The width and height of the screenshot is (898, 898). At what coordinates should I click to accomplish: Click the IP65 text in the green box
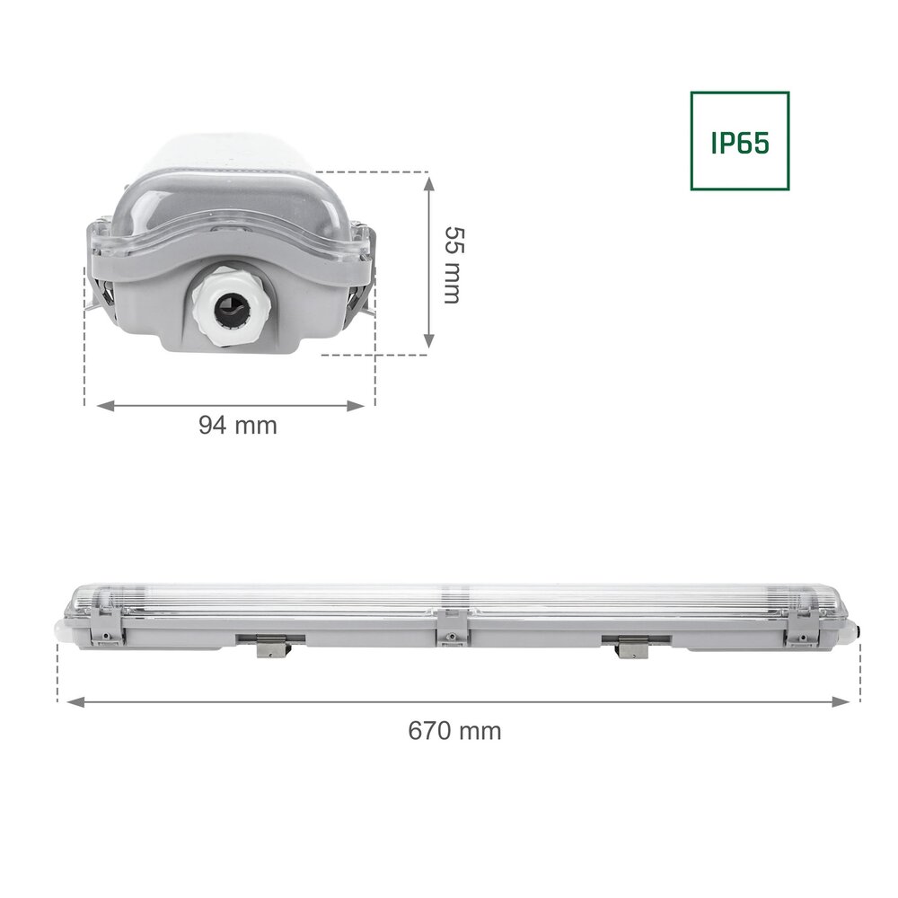pyautogui.click(x=740, y=142)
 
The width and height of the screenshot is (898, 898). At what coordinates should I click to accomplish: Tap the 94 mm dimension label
pyautogui.click(x=237, y=426)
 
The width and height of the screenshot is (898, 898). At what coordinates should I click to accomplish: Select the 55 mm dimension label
pyautogui.click(x=453, y=264)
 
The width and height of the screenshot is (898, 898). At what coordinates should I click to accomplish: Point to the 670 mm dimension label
pyautogui.click(x=454, y=730)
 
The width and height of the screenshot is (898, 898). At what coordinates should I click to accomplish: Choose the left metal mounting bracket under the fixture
pyautogui.click(x=271, y=646)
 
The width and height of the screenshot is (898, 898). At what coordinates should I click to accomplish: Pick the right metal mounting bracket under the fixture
pyautogui.click(x=631, y=647)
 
